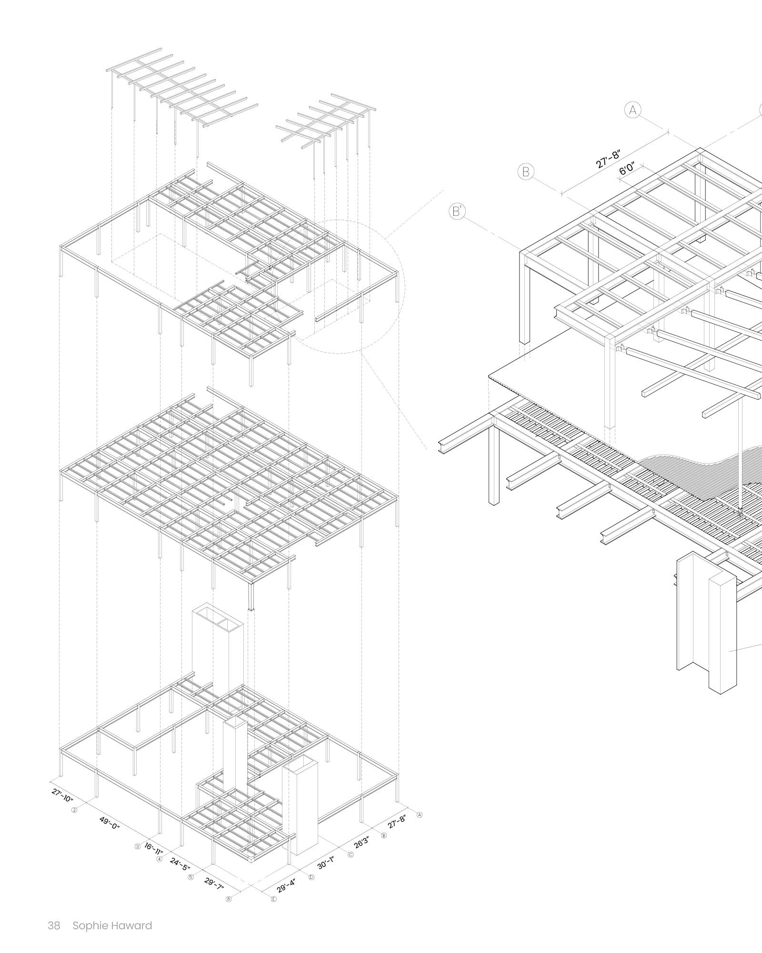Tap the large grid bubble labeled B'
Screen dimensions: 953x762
click(x=457, y=211)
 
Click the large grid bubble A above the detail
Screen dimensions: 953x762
click(x=633, y=110)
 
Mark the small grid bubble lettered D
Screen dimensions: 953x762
click(x=312, y=877)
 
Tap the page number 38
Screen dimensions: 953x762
click(x=54, y=926)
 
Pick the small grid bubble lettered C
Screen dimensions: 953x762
click(x=351, y=855)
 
